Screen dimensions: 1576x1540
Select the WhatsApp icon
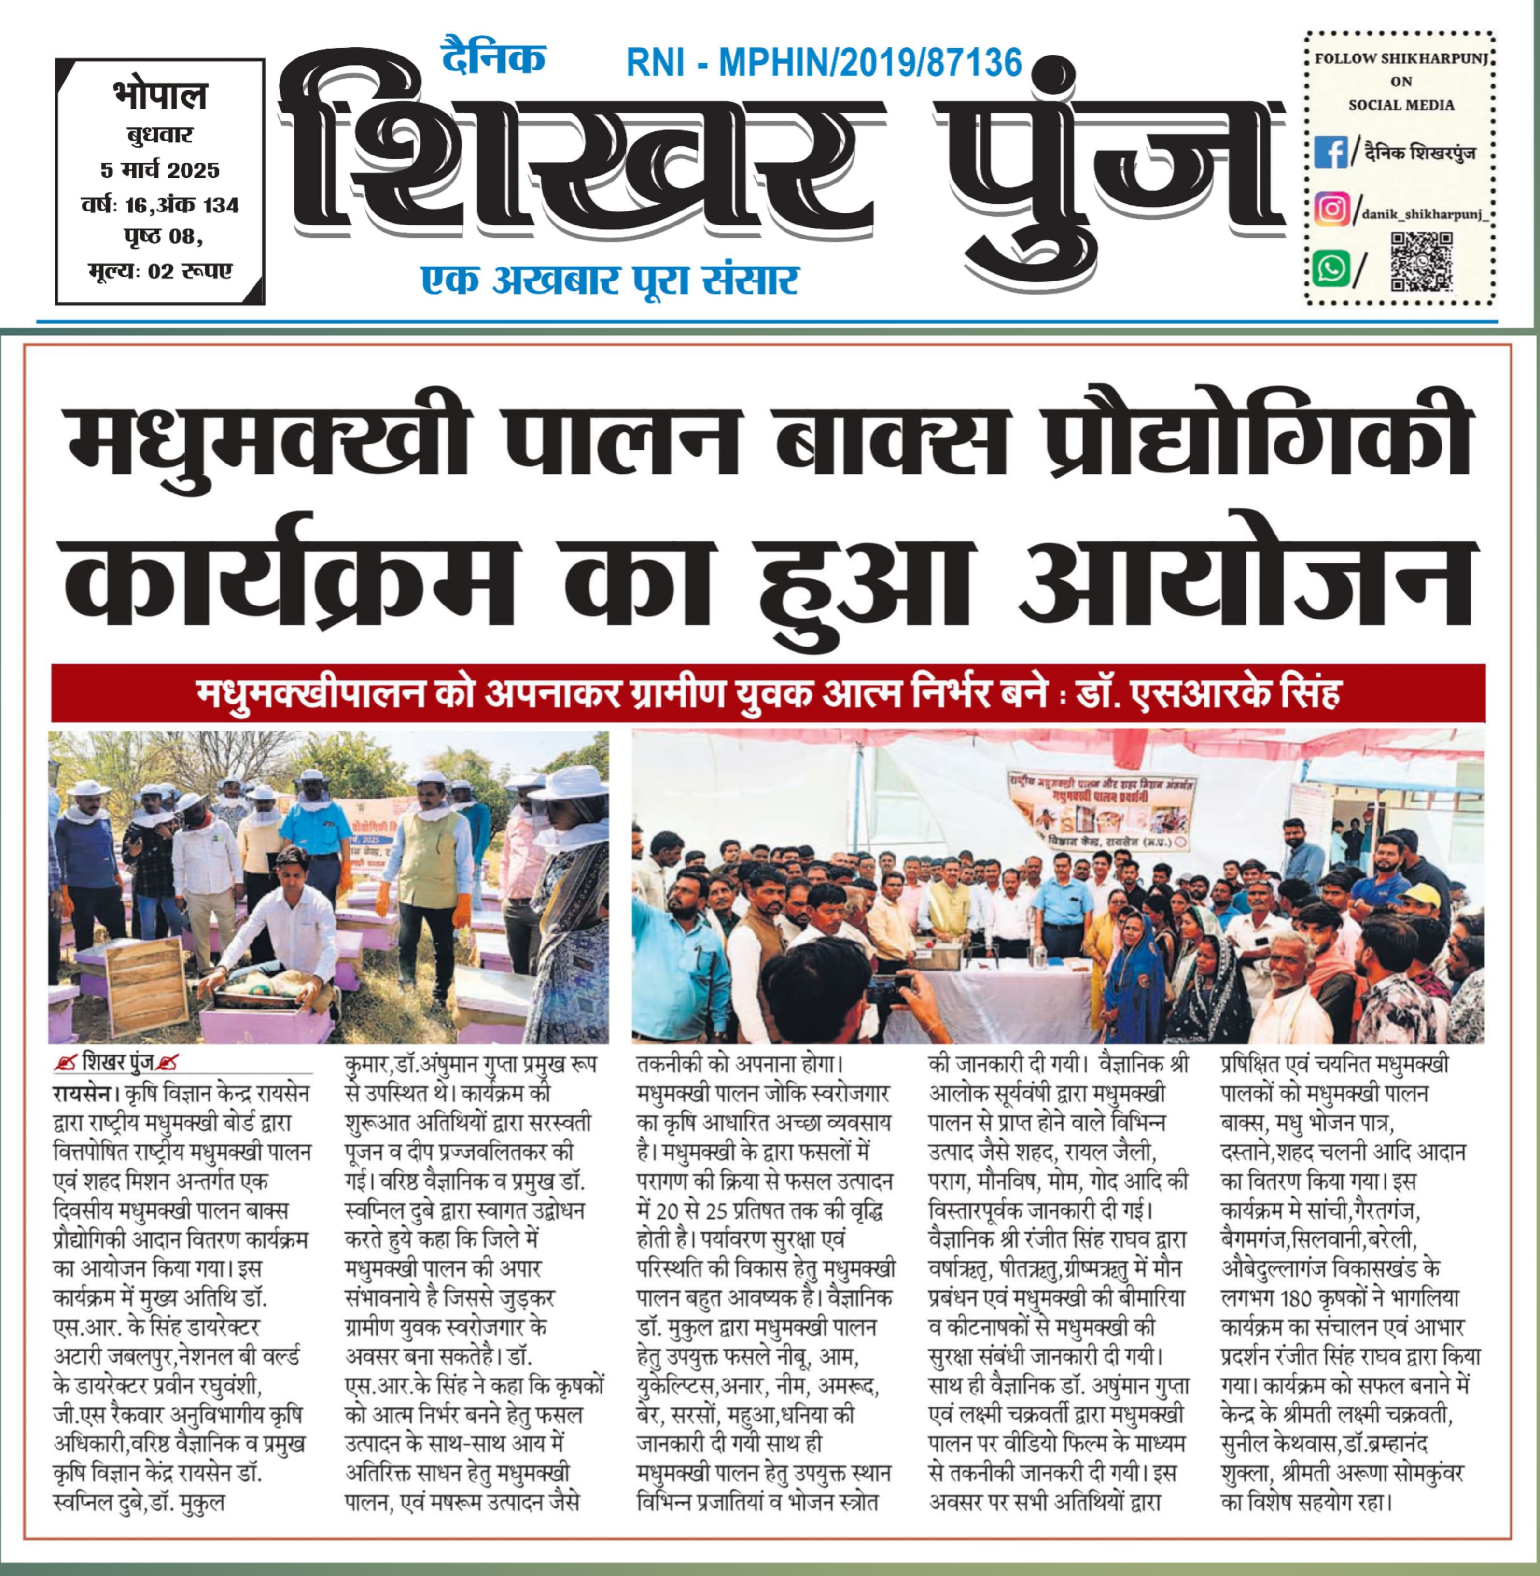[x=1330, y=268]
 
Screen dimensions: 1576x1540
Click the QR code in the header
[x=1421, y=261]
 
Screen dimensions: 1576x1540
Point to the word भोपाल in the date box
[x=159, y=96]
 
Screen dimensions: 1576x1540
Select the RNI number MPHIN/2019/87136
[x=870, y=62]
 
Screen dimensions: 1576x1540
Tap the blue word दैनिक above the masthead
[x=492, y=58]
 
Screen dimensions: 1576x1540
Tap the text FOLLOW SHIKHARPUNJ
[x=1401, y=58]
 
